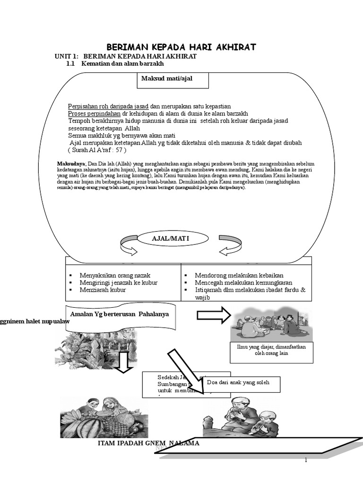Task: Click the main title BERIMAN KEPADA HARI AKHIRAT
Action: (181, 47)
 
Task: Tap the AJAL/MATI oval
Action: (170, 239)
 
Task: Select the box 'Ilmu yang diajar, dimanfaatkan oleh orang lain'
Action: (271, 350)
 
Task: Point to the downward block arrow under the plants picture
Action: (125, 362)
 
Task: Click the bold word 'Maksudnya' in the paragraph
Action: (69, 164)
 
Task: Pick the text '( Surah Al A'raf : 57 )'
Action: (97, 150)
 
